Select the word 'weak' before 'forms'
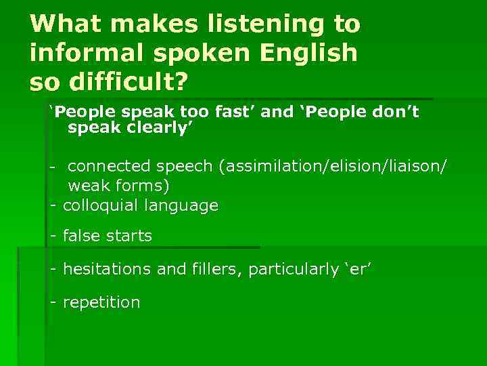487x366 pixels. click(89, 185)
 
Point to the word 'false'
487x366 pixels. click(82, 236)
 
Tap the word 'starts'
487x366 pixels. click(129, 236)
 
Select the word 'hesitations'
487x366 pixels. click(108, 270)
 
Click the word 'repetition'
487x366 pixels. click(101, 302)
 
